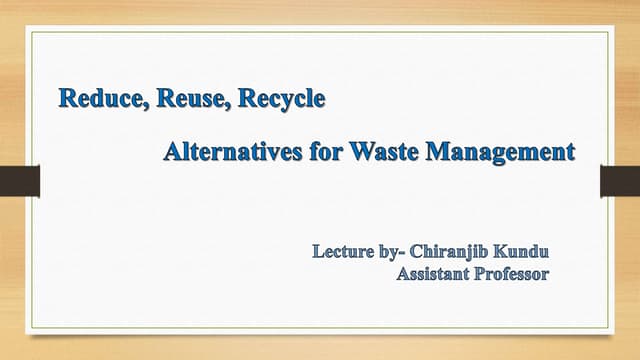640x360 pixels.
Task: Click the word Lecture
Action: [x=344, y=249]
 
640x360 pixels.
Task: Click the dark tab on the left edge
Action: [x=19, y=181]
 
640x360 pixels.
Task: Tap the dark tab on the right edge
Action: [x=619, y=181]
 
